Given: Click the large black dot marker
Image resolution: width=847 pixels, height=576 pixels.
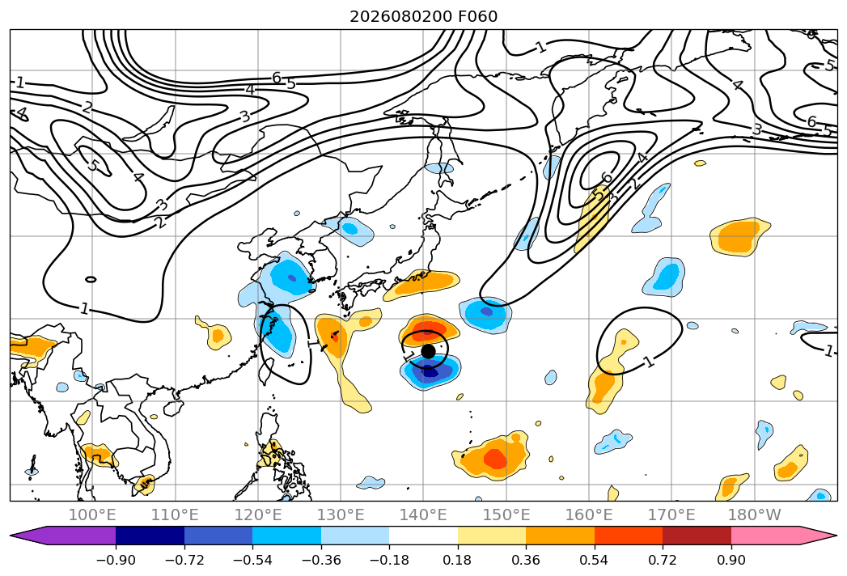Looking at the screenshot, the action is (428, 351).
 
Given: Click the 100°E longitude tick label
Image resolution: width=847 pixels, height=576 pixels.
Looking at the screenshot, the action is (92, 515).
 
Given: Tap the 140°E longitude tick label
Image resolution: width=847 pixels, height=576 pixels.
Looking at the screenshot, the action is (423, 515).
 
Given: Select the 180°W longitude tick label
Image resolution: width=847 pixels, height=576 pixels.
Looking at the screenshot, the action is (754, 515).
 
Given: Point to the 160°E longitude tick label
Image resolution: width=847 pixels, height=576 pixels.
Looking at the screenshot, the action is (589, 515).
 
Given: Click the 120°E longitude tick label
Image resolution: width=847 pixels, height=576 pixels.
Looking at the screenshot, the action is (258, 515).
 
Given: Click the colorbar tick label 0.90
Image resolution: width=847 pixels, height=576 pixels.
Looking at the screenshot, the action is (731, 560).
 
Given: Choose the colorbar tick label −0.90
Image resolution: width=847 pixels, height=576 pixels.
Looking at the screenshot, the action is (116, 560).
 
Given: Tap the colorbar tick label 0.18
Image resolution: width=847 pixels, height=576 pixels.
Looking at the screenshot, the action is (458, 560).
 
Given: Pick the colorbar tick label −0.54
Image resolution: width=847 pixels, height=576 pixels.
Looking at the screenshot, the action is (252, 560).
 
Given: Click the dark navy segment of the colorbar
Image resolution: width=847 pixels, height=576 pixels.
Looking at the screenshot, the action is (150, 535).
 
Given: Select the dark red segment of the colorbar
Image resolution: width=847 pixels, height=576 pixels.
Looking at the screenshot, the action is (697, 535).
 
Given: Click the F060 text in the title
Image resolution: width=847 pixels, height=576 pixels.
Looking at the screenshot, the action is (477, 17).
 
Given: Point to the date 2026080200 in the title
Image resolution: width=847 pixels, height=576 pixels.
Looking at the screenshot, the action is (400, 17).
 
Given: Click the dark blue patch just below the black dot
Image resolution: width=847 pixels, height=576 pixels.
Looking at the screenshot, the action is (430, 372).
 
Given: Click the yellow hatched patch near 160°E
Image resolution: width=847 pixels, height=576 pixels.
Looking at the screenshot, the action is (592, 218).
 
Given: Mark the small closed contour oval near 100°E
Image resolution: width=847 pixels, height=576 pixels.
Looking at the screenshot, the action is (91, 279).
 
